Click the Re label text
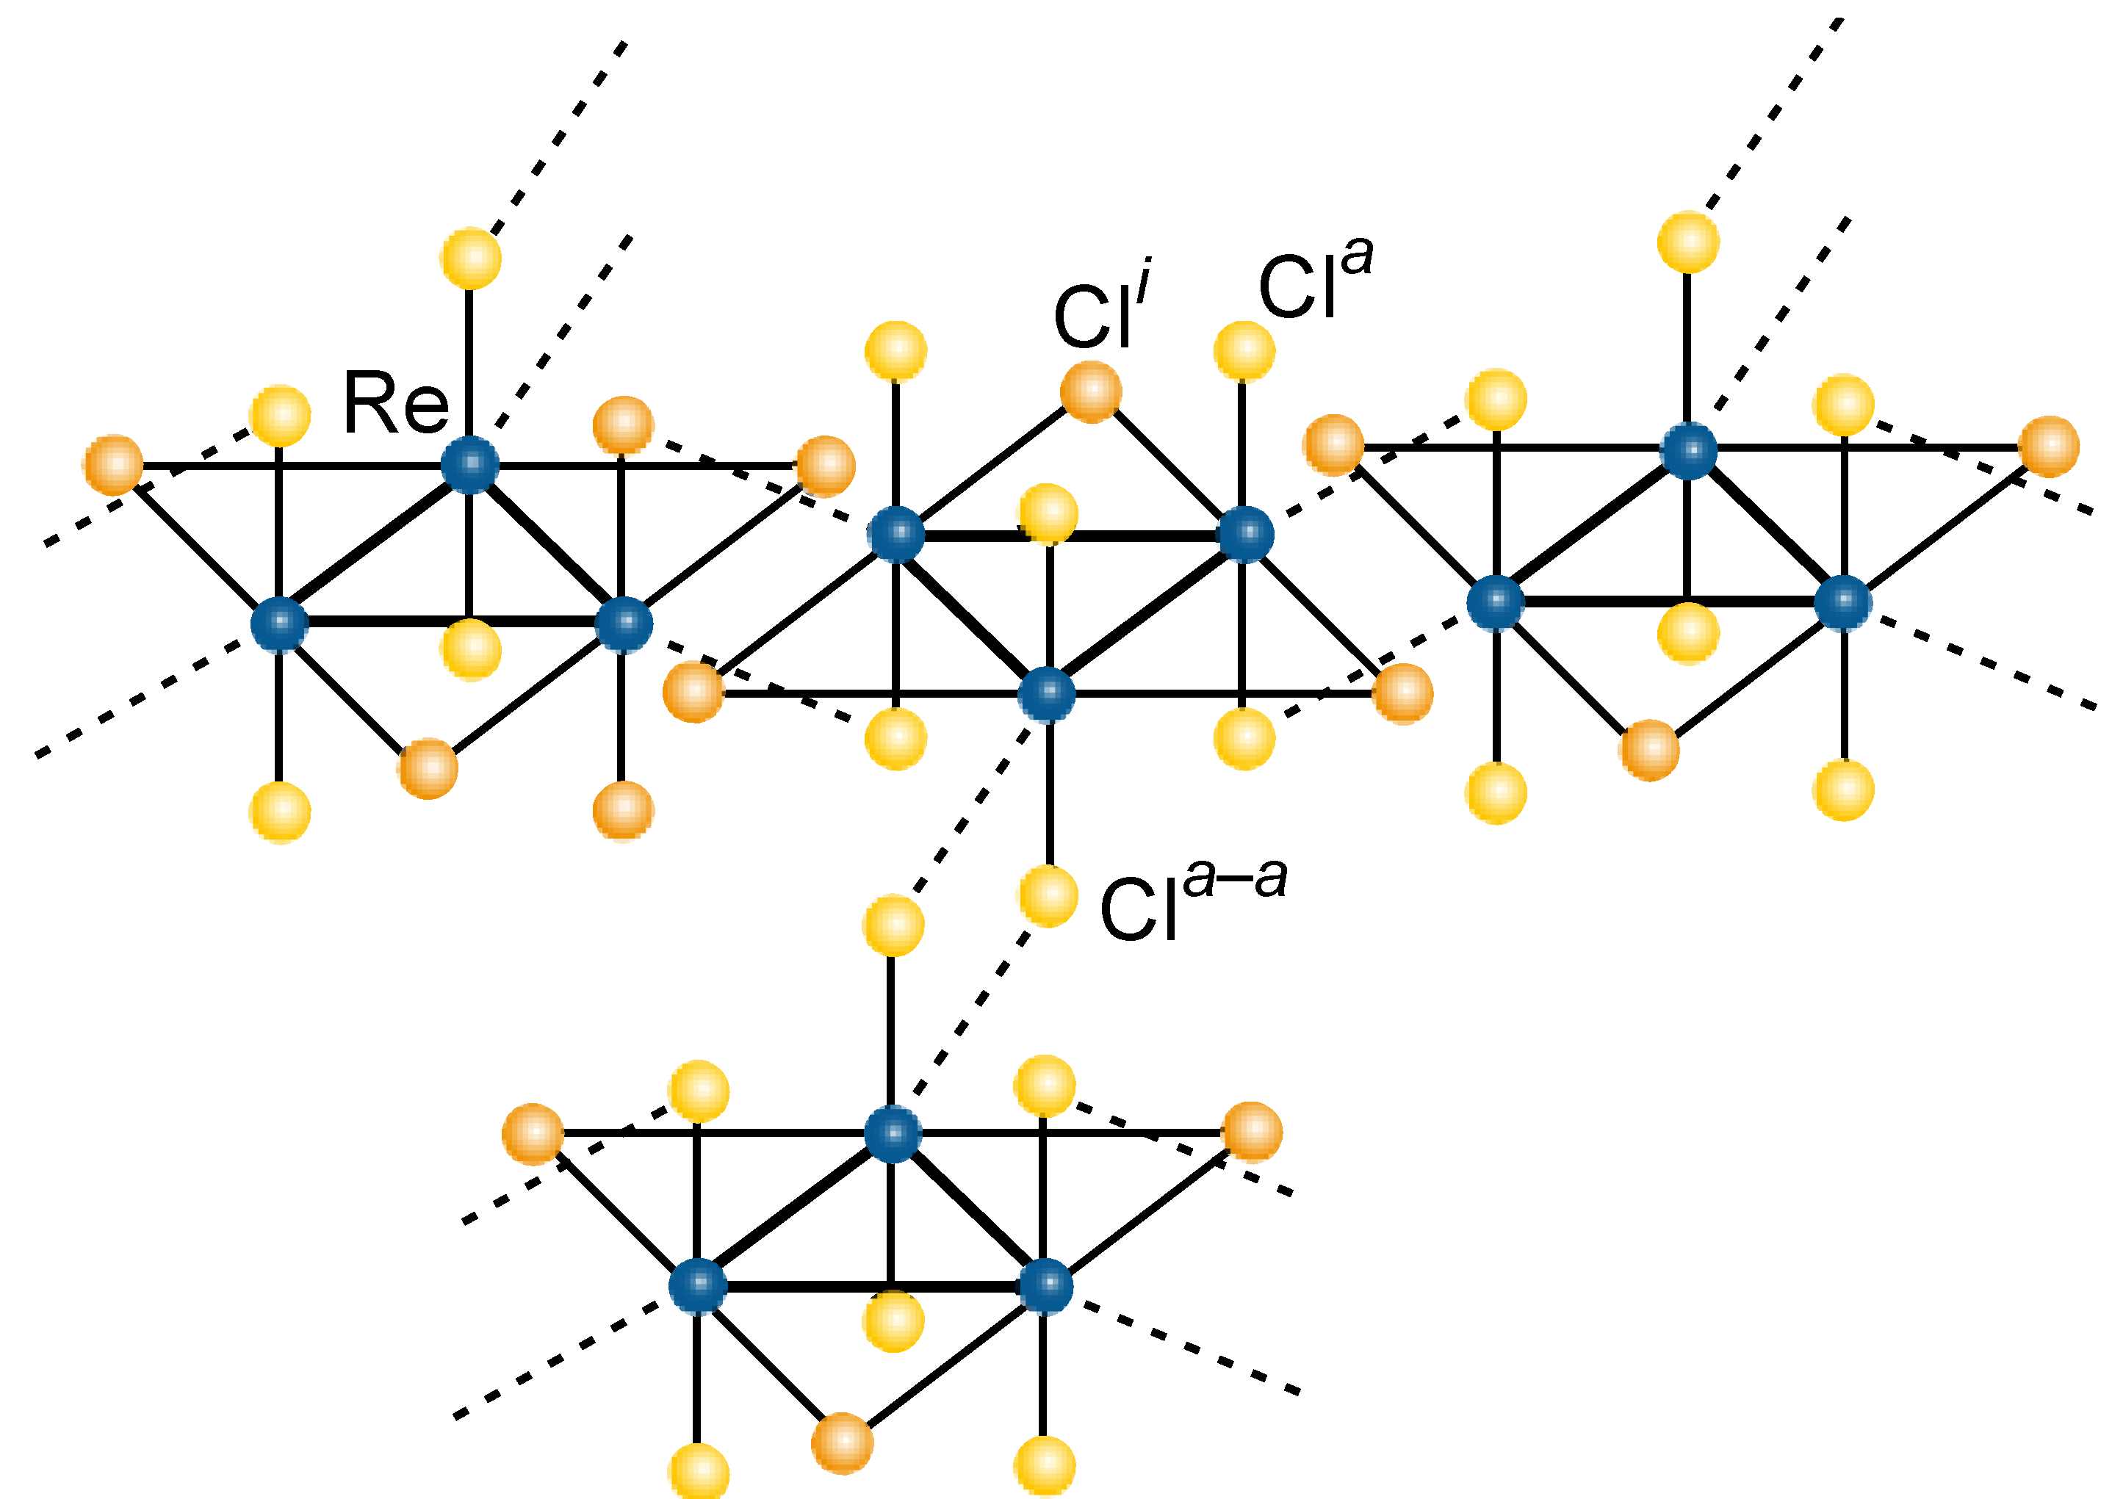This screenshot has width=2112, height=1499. [x=395, y=403]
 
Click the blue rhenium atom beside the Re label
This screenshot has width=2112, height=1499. [x=470, y=464]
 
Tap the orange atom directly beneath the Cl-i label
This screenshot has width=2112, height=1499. [x=1090, y=392]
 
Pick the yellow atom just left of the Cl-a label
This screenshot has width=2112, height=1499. [x=1244, y=351]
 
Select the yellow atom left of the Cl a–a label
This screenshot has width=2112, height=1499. [x=1048, y=895]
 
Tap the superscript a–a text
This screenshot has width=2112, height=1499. [x=1235, y=877]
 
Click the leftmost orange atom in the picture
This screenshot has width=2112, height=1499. [x=112, y=464]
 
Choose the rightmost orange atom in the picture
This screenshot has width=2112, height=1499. [x=2048, y=447]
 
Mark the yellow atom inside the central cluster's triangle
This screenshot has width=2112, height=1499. [x=1048, y=513]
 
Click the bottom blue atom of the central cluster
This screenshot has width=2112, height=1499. [x=1047, y=693]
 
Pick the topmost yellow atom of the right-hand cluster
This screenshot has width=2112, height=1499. [x=1688, y=242]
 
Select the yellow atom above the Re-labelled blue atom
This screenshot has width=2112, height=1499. [x=471, y=258]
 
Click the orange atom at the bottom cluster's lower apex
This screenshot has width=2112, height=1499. [x=842, y=1442]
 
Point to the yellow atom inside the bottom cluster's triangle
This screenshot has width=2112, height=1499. [x=893, y=1321]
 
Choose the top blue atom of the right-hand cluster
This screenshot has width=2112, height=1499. [x=1688, y=452]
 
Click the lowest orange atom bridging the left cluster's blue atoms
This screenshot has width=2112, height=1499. [x=428, y=768]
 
